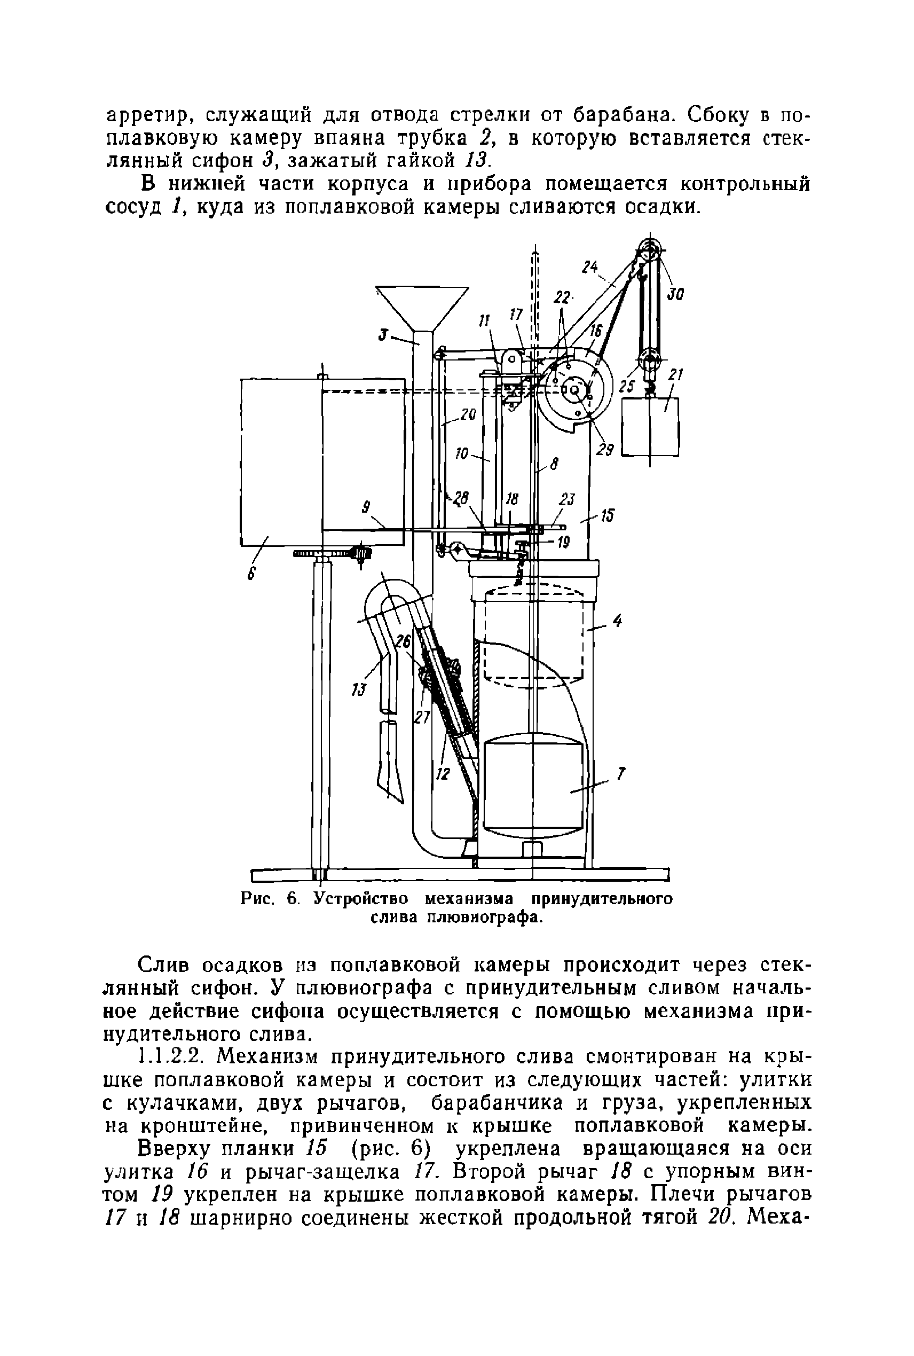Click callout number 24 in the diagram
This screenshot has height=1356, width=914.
click(x=590, y=268)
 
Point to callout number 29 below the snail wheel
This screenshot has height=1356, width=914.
click(x=605, y=450)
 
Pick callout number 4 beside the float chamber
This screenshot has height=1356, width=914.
click(x=617, y=622)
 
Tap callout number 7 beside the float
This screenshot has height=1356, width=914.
click(x=621, y=774)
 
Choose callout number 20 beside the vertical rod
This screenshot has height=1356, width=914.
click(x=468, y=414)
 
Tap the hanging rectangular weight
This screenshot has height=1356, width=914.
click(x=650, y=427)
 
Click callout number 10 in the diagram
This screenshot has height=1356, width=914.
click(x=462, y=453)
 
